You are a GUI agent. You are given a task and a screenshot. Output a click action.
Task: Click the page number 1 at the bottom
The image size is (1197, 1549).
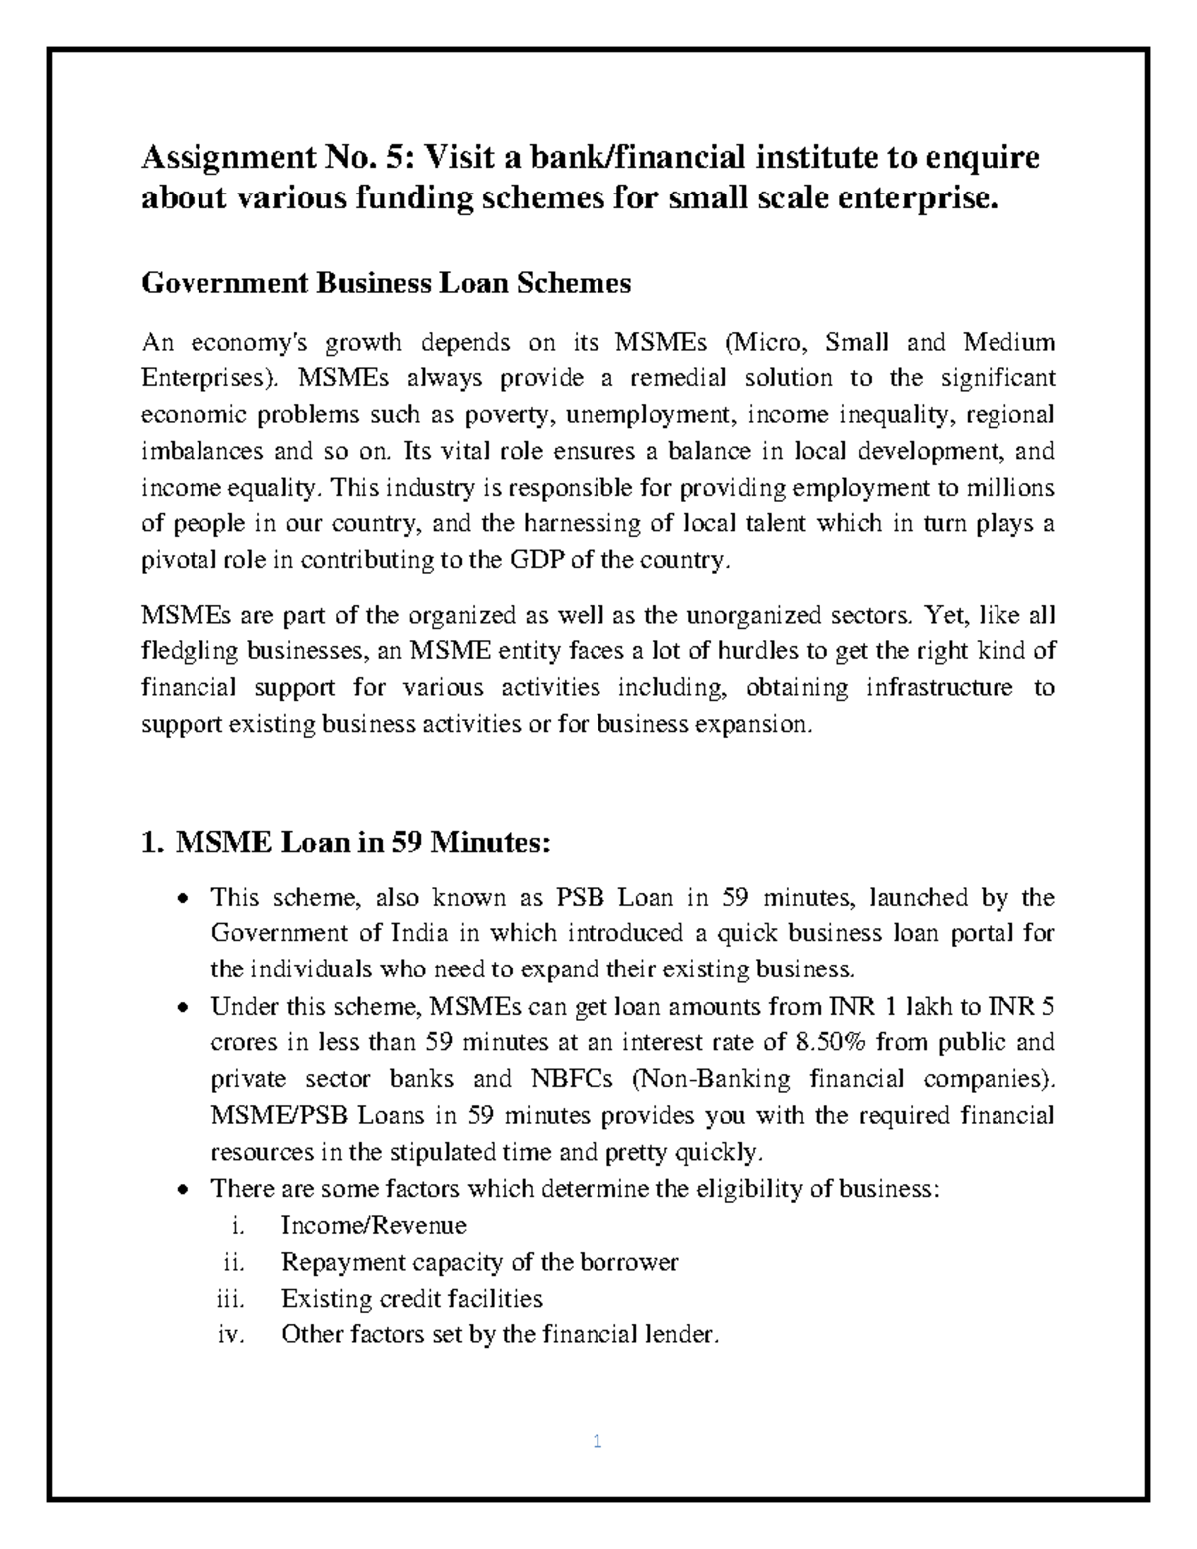coord(597,1441)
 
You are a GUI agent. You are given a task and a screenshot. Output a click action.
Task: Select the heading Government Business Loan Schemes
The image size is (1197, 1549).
coord(386,284)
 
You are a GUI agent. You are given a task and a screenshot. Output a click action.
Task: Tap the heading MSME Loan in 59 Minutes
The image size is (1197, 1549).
coord(345,843)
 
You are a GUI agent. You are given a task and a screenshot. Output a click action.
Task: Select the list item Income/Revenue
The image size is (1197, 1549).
coord(374,1226)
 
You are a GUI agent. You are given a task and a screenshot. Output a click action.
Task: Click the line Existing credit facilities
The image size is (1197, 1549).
coord(412,1299)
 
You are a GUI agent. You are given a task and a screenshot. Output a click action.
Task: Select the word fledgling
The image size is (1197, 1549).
coord(190,652)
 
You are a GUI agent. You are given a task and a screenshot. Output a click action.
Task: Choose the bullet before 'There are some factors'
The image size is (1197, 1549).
coord(181,1190)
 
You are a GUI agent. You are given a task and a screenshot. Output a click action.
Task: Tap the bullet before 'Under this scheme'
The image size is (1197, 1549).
coord(181,1008)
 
